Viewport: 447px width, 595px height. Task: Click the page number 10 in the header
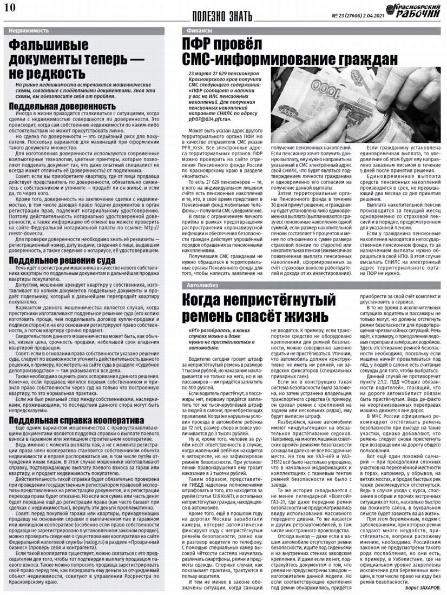click(10, 7)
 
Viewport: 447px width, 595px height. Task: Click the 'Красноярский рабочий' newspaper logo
click(415, 9)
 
